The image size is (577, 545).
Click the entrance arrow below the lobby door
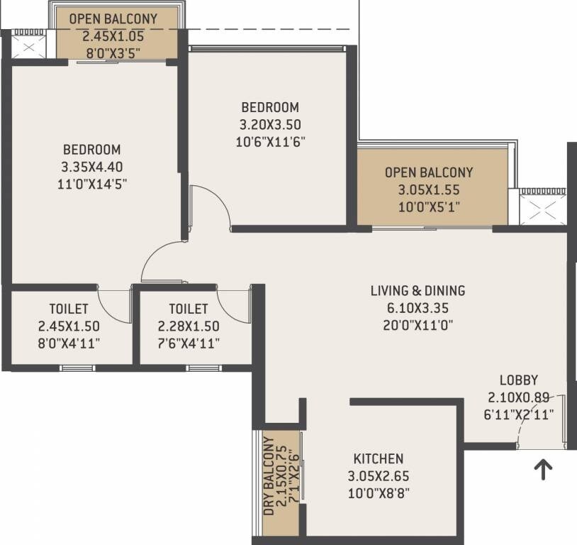(x=543, y=470)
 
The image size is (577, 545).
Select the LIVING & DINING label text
(x=418, y=290)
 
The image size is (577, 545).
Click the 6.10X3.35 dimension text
(x=418, y=308)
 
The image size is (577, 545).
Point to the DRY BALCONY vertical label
(x=268, y=475)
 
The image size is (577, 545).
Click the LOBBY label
(x=518, y=380)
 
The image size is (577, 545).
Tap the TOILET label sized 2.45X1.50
(x=69, y=309)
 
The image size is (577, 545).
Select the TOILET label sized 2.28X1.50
(x=189, y=309)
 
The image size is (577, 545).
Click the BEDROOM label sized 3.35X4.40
(x=91, y=150)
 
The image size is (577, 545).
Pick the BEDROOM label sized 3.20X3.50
(x=270, y=107)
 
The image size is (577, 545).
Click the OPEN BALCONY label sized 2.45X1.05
(x=113, y=18)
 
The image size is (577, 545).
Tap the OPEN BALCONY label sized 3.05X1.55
(x=428, y=172)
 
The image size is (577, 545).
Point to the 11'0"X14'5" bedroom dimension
(x=91, y=184)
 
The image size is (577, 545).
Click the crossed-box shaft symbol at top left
(x=28, y=48)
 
